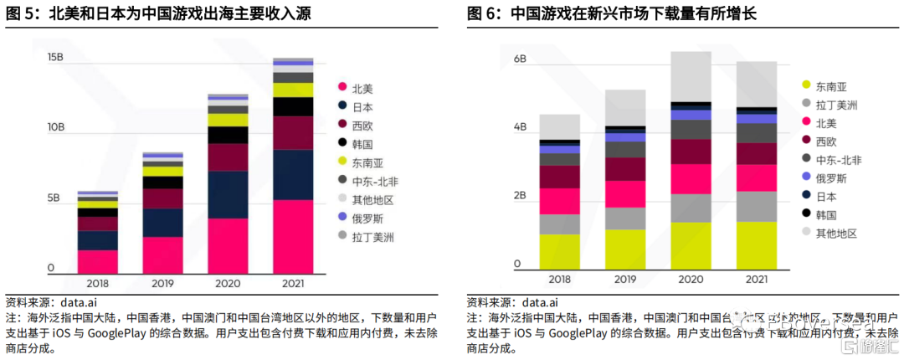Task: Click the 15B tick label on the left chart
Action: pos(56,57)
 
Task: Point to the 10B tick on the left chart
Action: pos(56,127)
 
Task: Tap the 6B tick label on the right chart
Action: pos(519,59)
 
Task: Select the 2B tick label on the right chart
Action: pos(519,196)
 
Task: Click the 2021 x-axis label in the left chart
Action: pos(293,283)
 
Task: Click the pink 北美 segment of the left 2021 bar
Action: pos(293,236)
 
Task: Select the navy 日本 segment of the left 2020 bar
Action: pos(228,194)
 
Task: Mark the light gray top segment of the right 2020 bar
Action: pos(691,76)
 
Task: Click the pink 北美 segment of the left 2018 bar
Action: pos(98,261)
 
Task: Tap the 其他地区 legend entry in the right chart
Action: pos(836,233)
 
